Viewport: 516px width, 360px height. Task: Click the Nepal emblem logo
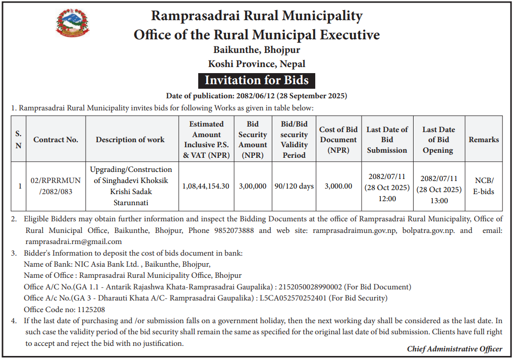click(72, 24)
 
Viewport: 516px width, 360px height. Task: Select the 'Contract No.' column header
click(56, 140)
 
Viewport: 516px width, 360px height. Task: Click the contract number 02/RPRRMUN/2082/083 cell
click(56, 186)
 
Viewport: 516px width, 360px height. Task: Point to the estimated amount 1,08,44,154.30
click(206, 186)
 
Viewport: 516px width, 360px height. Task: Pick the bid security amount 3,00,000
click(252, 186)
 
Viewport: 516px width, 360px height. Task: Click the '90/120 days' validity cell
click(294, 186)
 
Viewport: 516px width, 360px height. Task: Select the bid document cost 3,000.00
click(338, 186)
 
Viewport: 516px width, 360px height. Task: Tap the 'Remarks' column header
click(484, 140)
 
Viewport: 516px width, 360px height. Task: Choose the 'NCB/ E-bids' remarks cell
click(484, 186)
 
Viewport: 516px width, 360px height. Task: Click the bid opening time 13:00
click(439, 201)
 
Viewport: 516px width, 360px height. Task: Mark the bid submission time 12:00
click(387, 198)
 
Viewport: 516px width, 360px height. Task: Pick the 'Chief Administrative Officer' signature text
click(454, 349)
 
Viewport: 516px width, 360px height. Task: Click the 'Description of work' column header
click(130, 140)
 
